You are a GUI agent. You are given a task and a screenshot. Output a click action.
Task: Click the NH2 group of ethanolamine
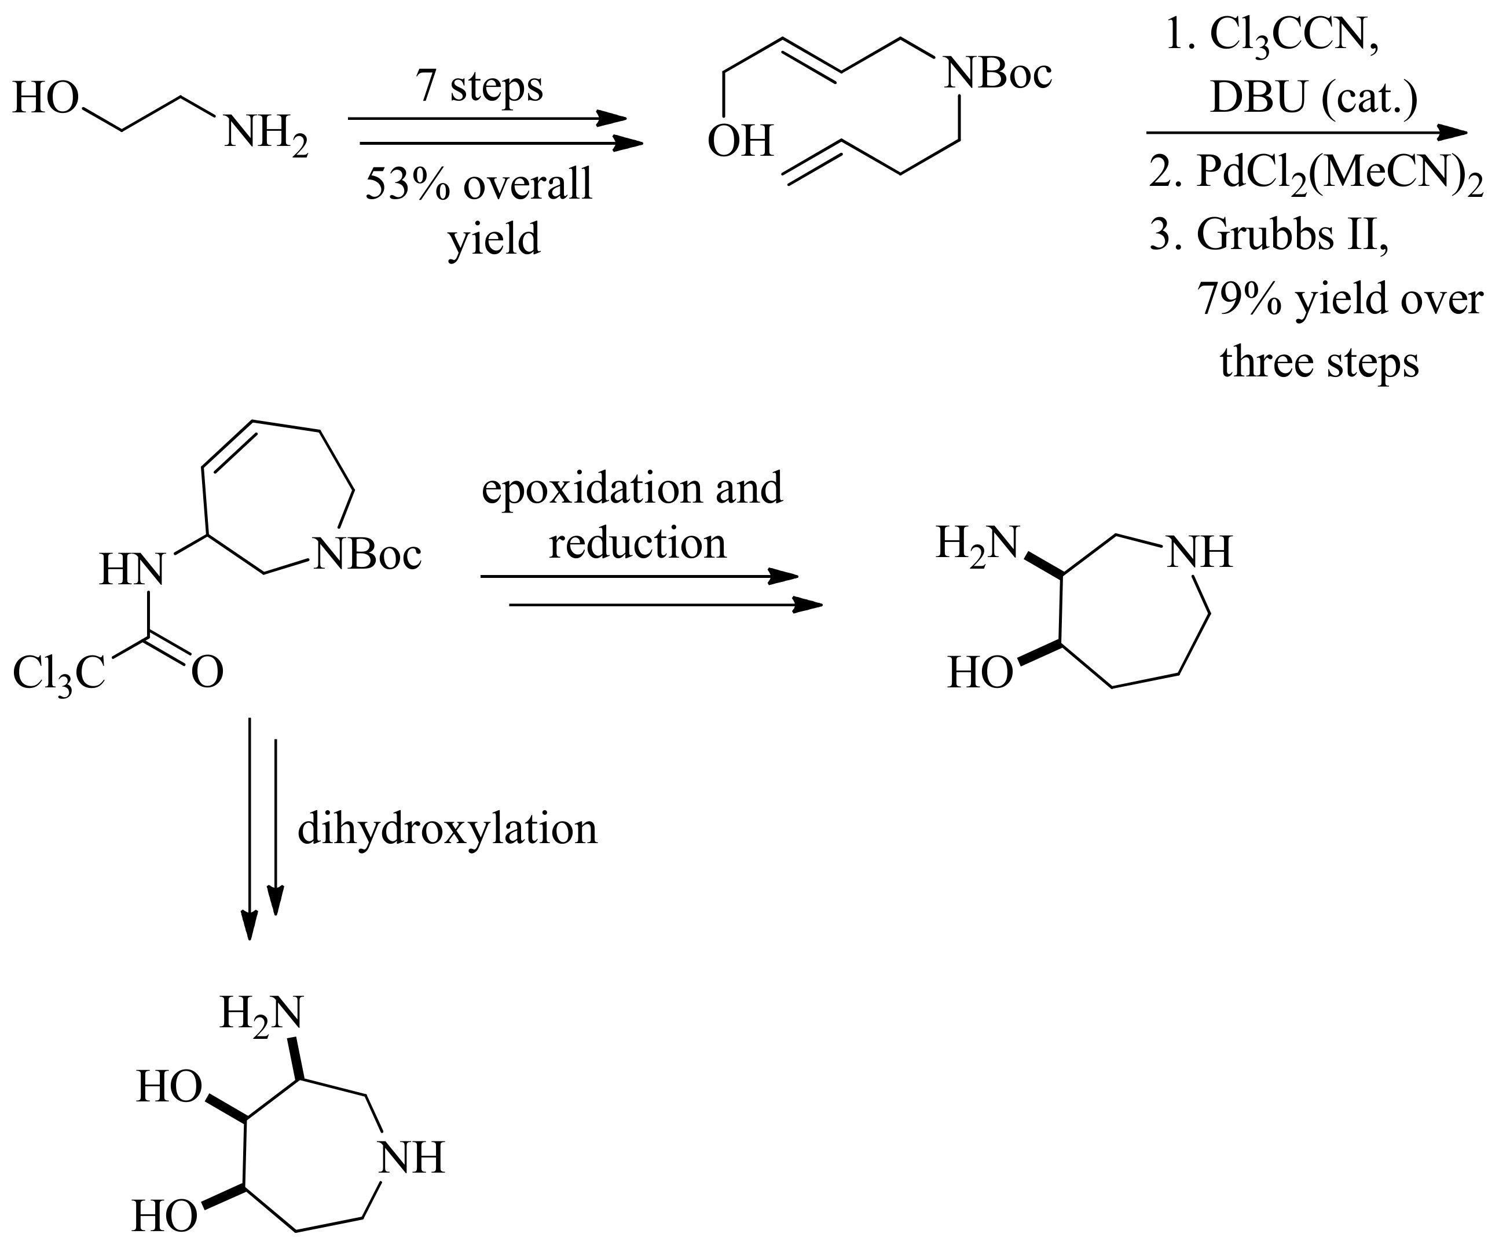pyautogui.click(x=266, y=134)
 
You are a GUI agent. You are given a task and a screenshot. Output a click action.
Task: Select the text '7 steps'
pyautogui.click(x=479, y=86)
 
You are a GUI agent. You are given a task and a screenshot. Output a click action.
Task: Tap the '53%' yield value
pyautogui.click(x=408, y=184)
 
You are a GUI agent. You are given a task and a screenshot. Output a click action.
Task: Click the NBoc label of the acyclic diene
pyautogui.click(x=998, y=74)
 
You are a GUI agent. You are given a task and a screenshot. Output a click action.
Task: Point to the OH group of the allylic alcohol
pyautogui.click(x=740, y=141)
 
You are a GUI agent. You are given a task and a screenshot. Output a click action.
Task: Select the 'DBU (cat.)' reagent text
pyautogui.click(x=1313, y=98)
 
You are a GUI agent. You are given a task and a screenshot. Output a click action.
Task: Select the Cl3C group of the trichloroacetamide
pyautogui.click(x=58, y=673)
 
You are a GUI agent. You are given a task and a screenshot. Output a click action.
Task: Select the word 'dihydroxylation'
pyautogui.click(x=447, y=830)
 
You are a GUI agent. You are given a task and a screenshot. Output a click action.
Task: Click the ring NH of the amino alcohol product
pyautogui.click(x=1199, y=552)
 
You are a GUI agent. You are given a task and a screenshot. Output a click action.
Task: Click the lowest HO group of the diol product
pyautogui.click(x=165, y=1216)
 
